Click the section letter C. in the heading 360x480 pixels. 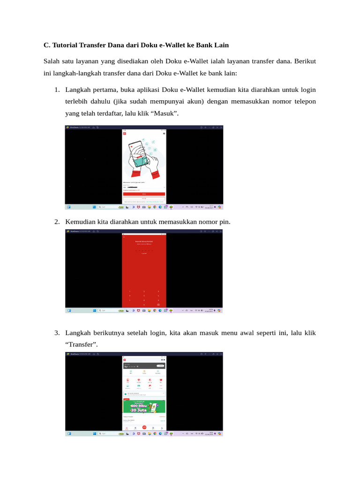point(46,45)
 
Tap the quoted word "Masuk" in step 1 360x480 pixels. point(166,114)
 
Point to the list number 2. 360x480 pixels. point(56,221)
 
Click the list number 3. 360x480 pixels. point(56,333)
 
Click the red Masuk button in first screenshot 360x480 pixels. point(144,193)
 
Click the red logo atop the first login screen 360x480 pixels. point(125,134)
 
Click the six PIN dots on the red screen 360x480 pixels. point(144,250)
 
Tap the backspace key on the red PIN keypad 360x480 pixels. point(158,304)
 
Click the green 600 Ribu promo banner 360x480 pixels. point(144,406)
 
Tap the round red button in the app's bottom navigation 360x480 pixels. point(144,427)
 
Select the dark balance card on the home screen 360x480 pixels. point(144,366)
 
